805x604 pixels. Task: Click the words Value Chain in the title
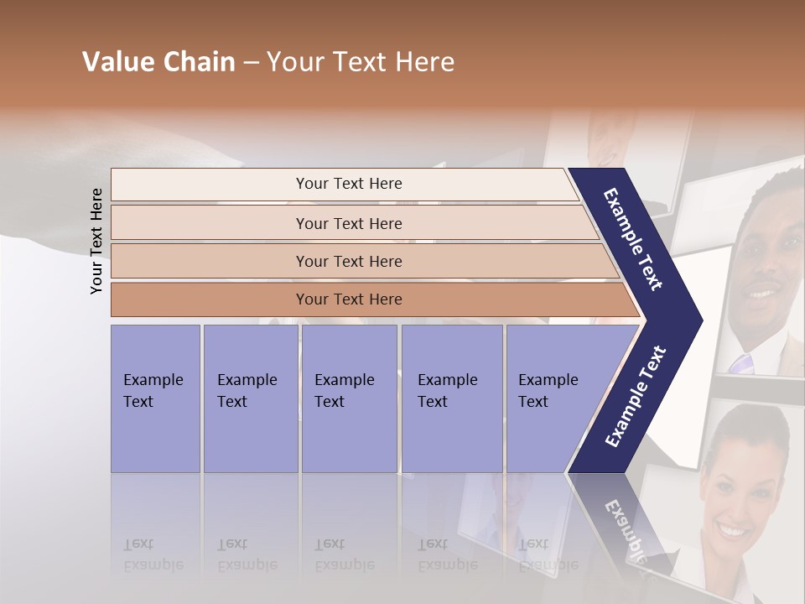pyautogui.click(x=158, y=63)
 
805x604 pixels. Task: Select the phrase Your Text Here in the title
pyautogui.click(x=361, y=63)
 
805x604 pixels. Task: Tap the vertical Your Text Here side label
pyautogui.click(x=96, y=242)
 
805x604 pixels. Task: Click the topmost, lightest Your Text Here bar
pyautogui.click(x=348, y=184)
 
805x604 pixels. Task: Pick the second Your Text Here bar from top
pyautogui.click(x=348, y=223)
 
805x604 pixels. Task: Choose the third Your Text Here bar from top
pyautogui.click(x=348, y=261)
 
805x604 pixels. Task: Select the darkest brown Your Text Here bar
pyautogui.click(x=348, y=299)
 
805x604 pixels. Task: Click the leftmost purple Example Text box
pyautogui.click(x=155, y=398)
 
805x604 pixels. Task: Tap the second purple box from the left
pyautogui.click(x=250, y=398)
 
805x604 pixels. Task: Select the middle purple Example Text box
pyautogui.click(x=348, y=398)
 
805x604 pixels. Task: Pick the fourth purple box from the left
pyautogui.click(x=451, y=398)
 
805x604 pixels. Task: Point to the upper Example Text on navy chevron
pyautogui.click(x=634, y=239)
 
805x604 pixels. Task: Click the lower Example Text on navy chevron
pyautogui.click(x=635, y=397)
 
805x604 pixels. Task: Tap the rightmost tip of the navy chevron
pyautogui.click(x=700, y=320)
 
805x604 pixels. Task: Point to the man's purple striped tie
pyautogui.click(x=741, y=363)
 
